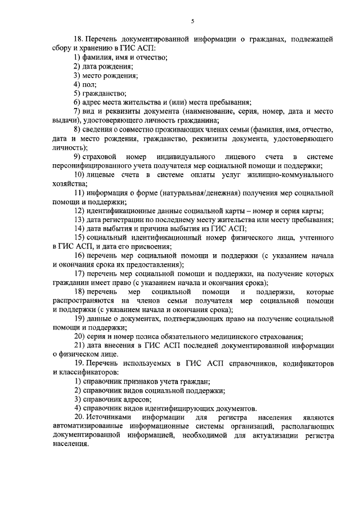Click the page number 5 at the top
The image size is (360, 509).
coord(192,21)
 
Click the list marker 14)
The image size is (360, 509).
coord(79,229)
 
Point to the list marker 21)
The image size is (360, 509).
coord(79,346)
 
